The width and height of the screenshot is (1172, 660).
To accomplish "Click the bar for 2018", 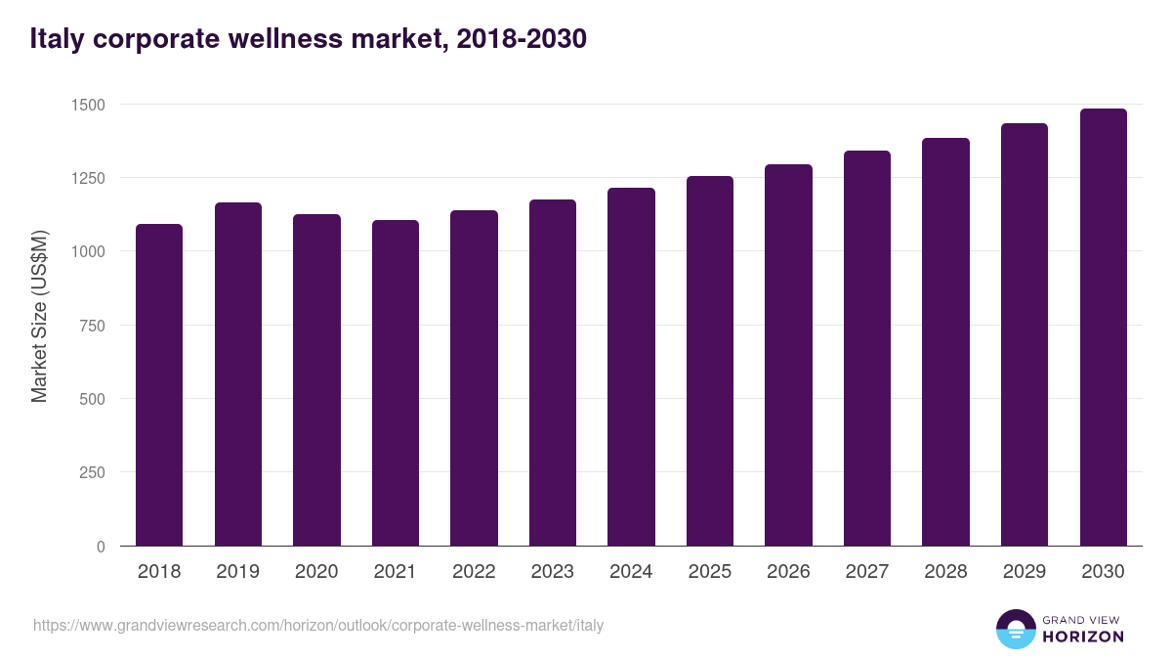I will [x=159, y=385].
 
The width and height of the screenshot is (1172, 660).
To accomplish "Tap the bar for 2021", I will [x=396, y=383].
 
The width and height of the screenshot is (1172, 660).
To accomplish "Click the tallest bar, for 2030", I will [x=1103, y=328].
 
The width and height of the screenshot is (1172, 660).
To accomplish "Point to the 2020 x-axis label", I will [x=316, y=572].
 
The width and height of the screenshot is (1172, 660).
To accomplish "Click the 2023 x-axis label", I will [x=553, y=572].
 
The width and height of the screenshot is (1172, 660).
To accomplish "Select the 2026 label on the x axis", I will [x=788, y=572].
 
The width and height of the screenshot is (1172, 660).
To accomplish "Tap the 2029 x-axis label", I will [x=1025, y=572].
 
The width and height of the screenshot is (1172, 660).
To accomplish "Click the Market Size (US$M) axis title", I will [x=39, y=315].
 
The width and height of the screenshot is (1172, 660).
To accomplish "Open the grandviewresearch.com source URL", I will [x=318, y=625].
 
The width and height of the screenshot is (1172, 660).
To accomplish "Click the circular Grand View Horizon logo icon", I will [x=1016, y=629].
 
